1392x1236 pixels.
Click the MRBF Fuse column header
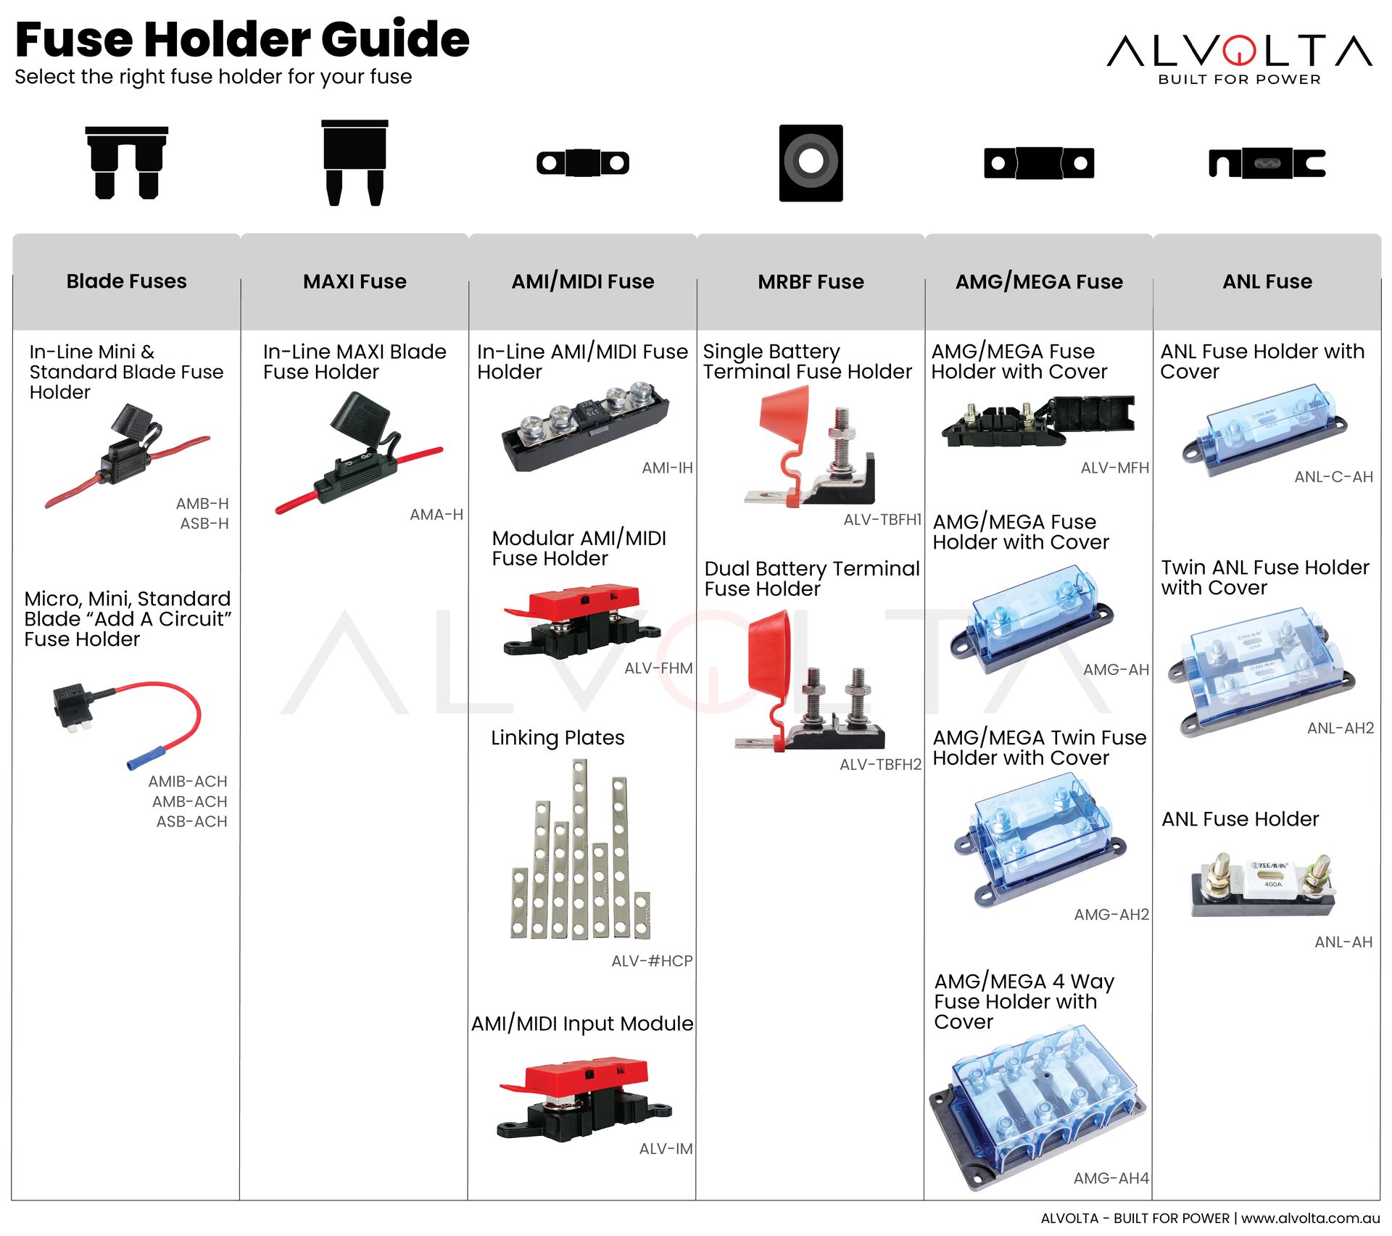point(811,281)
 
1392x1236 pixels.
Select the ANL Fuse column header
point(1267,281)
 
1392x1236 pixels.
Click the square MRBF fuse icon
point(811,162)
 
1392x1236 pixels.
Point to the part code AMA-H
point(436,515)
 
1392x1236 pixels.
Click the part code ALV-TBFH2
point(879,764)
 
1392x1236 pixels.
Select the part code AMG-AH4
point(1111,1178)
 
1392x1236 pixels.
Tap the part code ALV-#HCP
point(652,961)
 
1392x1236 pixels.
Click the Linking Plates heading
point(557,737)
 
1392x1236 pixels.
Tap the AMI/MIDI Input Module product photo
point(584,1097)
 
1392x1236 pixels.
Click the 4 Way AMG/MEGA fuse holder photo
point(1037,1106)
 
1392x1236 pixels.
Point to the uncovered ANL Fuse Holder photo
point(1262,884)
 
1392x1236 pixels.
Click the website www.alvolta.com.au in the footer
point(1310,1218)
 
